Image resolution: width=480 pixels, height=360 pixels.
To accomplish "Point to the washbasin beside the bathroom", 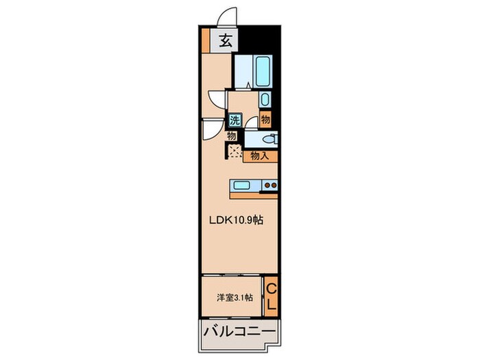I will point(265,100).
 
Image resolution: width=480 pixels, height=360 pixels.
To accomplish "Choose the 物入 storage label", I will point(259,156).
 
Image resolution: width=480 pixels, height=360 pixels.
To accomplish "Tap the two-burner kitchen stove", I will point(269,184).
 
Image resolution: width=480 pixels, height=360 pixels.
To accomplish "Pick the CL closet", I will point(272,296).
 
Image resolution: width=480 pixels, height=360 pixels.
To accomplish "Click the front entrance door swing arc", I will point(224,15).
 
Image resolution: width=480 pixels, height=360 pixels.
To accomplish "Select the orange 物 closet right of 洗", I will point(265,119).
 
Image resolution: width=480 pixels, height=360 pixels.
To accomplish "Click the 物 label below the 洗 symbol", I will point(231,136).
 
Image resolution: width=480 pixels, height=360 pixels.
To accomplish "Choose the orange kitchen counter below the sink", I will point(254,195).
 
